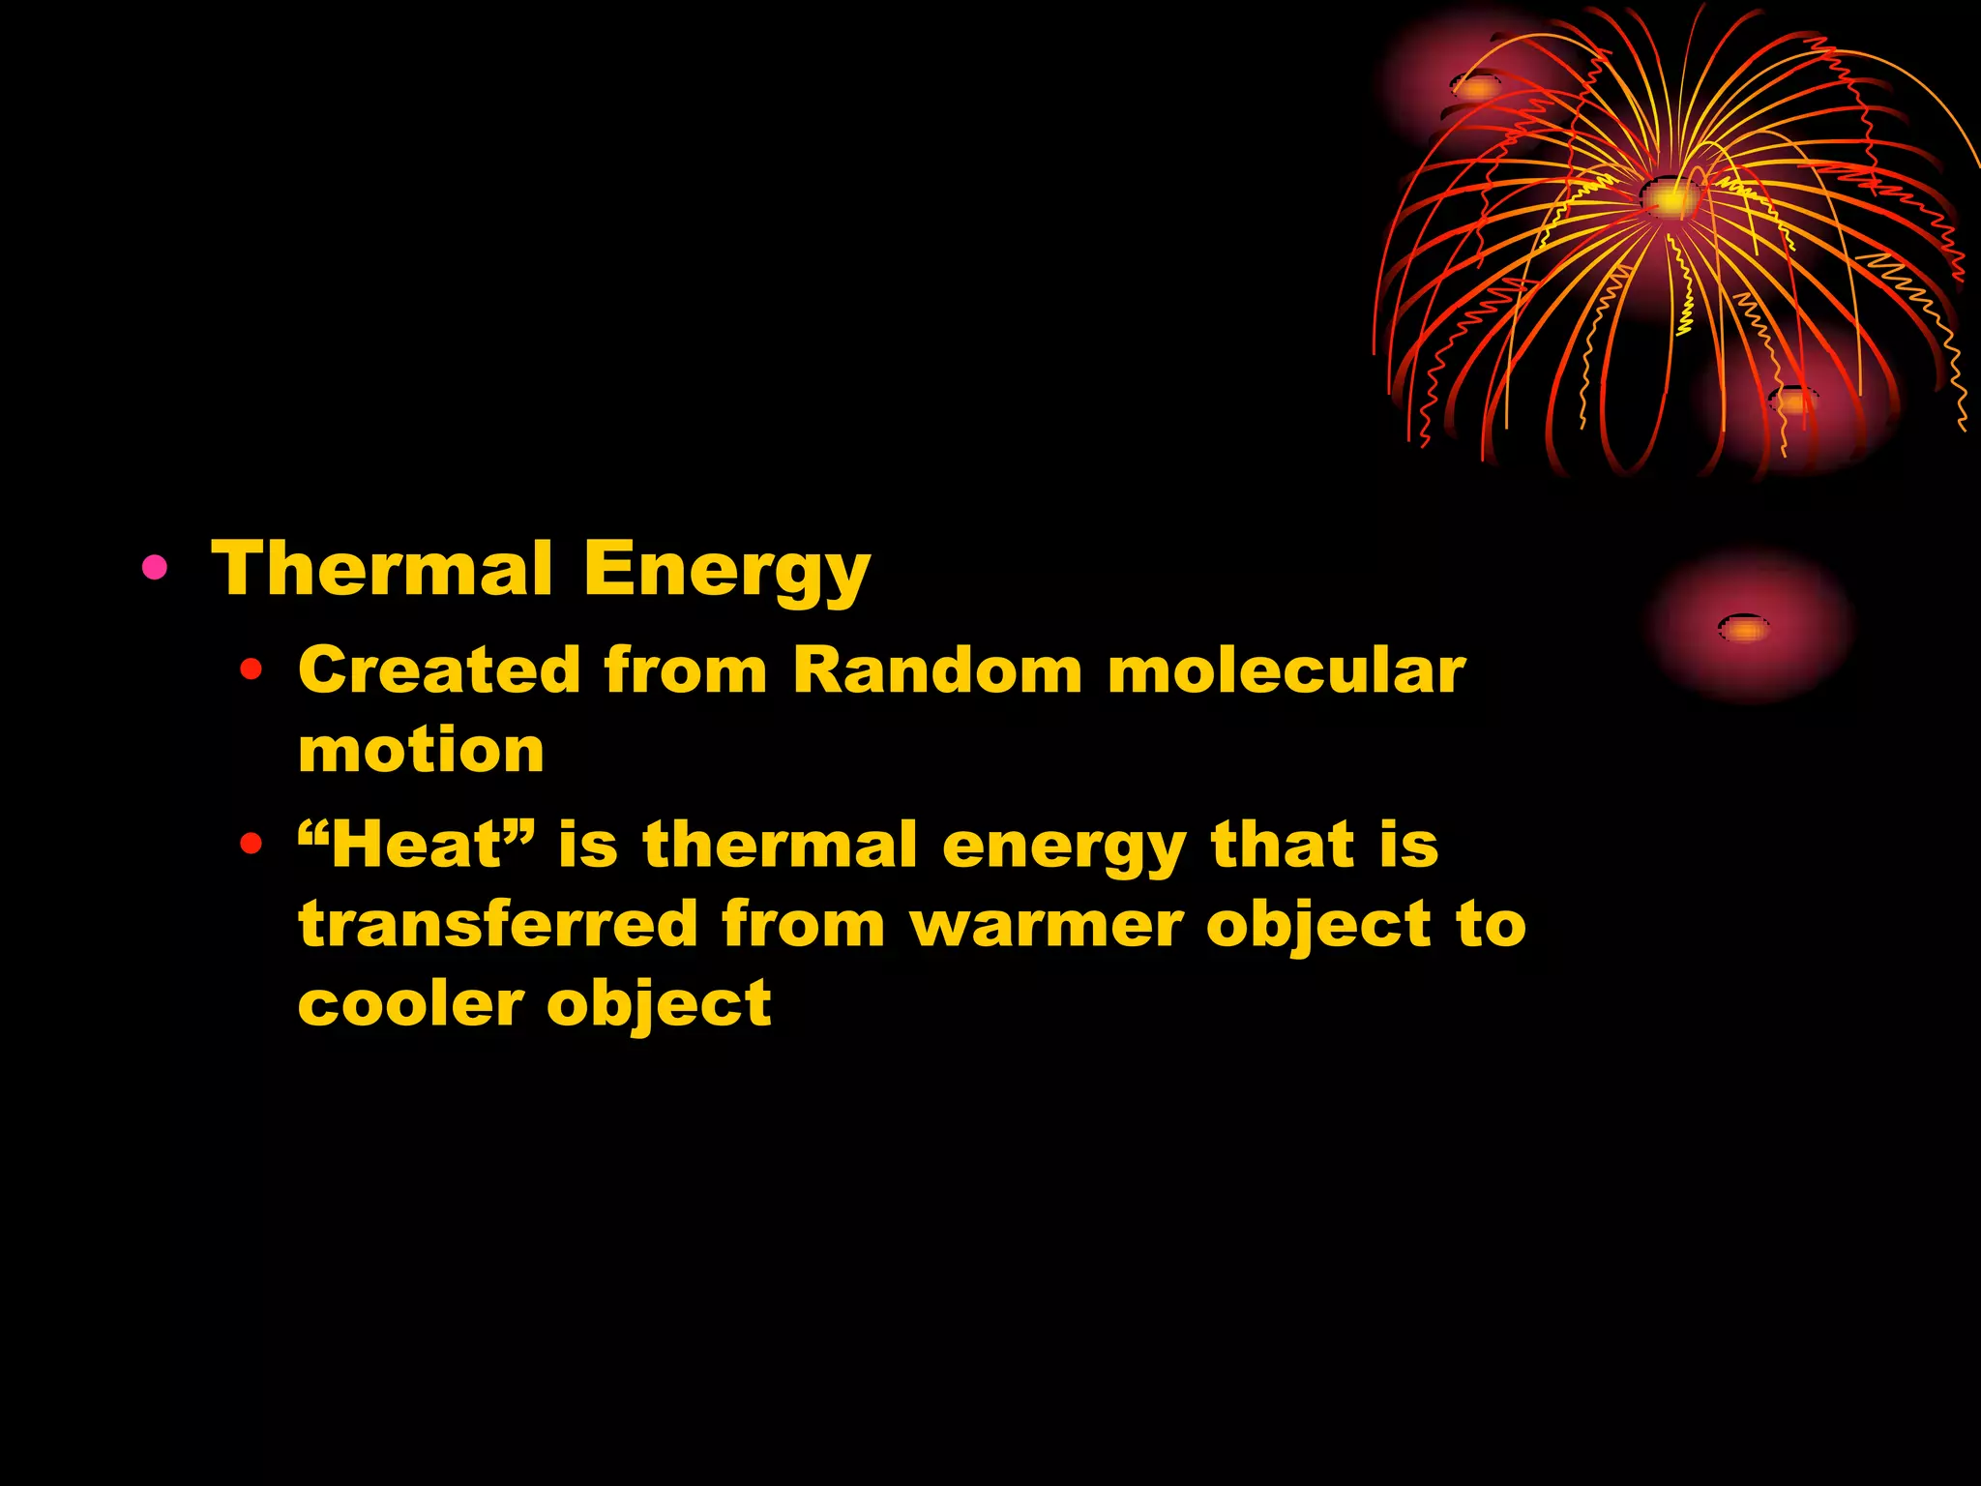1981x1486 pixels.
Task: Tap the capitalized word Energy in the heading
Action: [726, 571]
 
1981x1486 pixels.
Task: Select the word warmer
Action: [1047, 925]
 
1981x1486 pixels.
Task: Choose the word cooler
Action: [410, 1003]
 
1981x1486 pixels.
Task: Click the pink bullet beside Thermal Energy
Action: [154, 567]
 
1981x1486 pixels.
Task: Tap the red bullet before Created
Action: [251, 669]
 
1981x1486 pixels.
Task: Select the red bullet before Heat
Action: [251, 845]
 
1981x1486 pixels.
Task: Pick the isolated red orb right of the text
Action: [1746, 628]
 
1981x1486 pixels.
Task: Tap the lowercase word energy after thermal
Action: [1063, 847]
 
